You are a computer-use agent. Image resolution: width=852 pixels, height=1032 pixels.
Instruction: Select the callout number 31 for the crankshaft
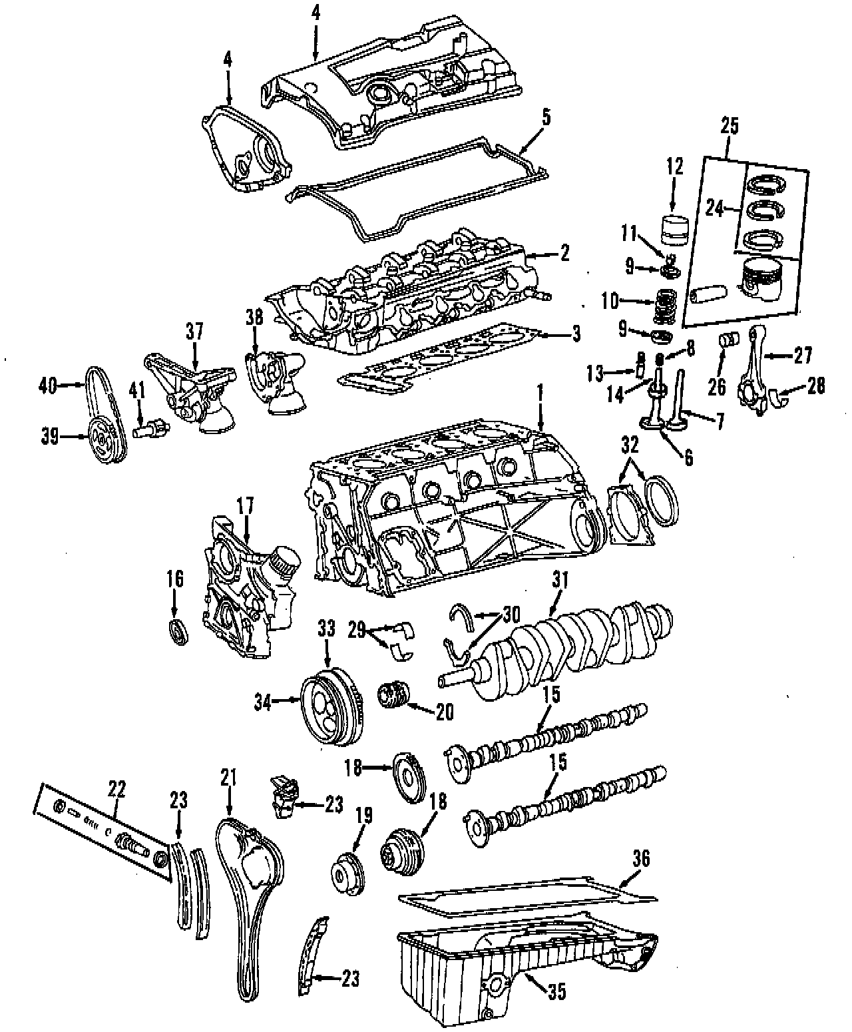560,581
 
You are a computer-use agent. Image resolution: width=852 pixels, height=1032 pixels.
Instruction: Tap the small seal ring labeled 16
177,630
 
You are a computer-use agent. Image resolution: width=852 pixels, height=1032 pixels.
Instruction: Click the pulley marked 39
102,438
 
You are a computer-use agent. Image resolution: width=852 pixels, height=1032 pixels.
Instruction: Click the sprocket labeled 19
349,873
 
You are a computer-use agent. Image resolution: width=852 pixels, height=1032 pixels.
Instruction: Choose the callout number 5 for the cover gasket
546,119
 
